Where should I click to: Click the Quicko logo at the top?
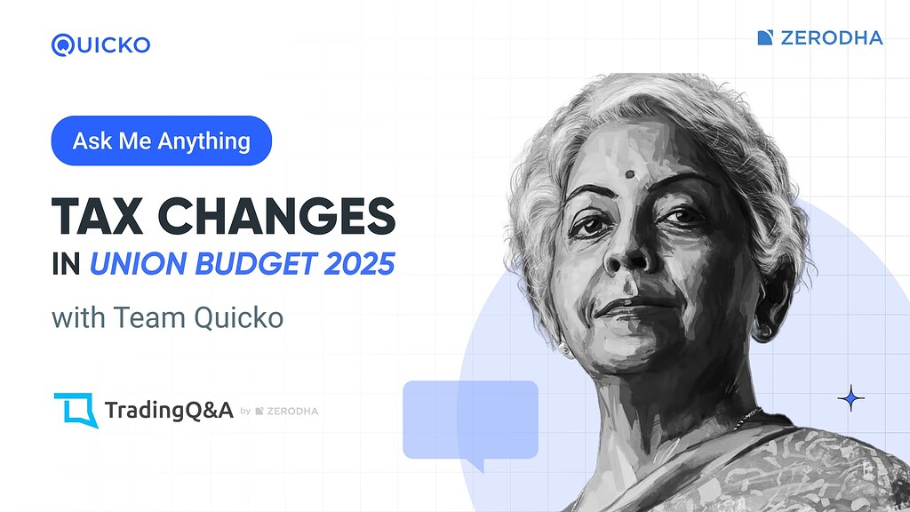pos(100,44)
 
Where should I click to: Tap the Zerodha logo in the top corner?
pos(819,37)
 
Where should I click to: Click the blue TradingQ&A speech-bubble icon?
pos(75,410)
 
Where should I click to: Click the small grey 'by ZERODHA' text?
pos(279,412)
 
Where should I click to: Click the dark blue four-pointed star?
pos(850,399)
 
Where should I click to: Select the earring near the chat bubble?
pos(565,349)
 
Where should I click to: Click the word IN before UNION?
pos(66,265)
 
